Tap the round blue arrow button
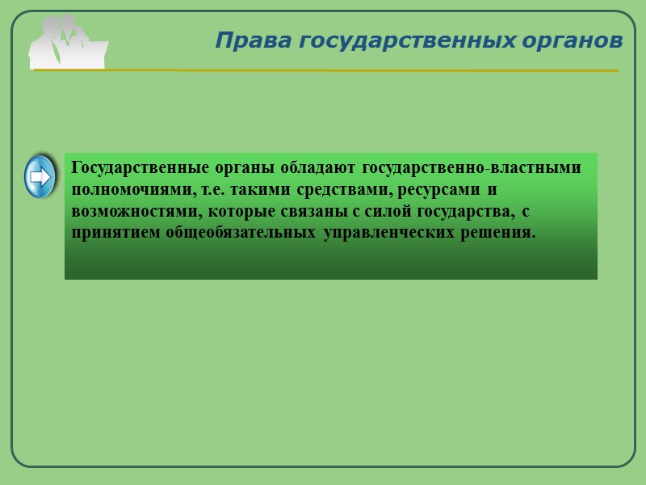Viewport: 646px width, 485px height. [40, 175]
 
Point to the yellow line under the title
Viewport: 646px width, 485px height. [323, 71]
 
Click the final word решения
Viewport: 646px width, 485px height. [499, 234]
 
